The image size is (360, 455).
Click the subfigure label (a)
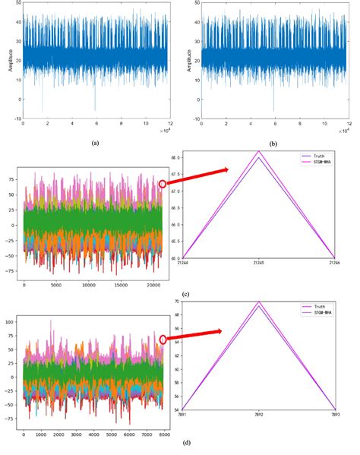click(95, 142)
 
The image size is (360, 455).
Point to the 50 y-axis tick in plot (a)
click(17, 5)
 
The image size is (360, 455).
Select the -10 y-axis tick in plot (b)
click(196, 118)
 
